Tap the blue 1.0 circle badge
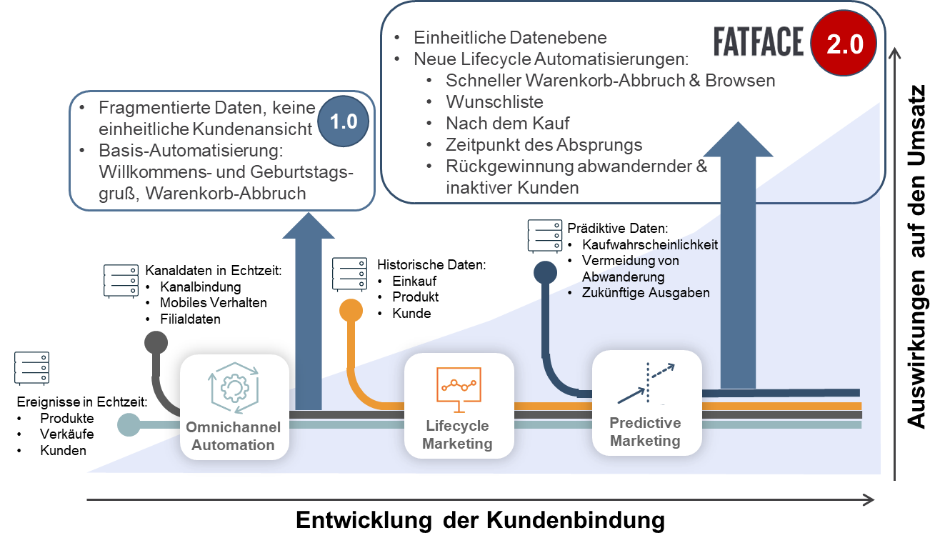coord(344,121)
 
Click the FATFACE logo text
coord(758,42)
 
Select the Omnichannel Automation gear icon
coord(234,387)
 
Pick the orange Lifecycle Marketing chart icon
coord(459,388)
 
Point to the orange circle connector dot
coord(351,311)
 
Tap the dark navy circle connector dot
coord(545,272)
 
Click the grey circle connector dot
coord(156,342)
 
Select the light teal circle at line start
coord(129,424)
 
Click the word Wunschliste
coord(494,101)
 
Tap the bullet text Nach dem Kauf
coord(508,123)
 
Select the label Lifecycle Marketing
coord(457,434)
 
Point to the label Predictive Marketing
coord(645,432)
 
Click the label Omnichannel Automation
coord(233,436)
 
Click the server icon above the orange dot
coord(349,274)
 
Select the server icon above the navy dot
coord(545,236)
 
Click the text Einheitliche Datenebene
coord(510,38)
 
